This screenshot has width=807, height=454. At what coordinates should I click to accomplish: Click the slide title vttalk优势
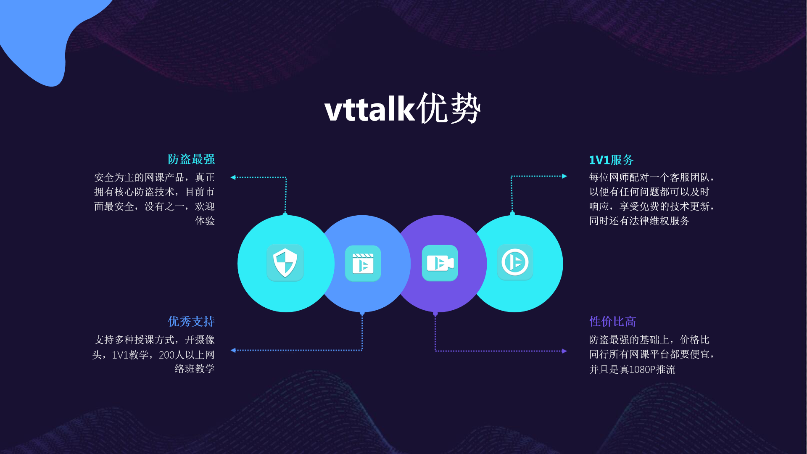click(x=403, y=108)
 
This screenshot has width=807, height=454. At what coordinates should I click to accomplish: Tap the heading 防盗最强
click(x=191, y=159)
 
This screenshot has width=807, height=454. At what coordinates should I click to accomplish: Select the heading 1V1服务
click(x=611, y=160)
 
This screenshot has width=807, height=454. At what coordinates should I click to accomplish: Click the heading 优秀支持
click(x=191, y=322)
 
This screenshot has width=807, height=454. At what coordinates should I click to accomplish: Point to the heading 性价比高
click(x=612, y=322)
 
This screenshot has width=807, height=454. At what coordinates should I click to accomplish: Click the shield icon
click(x=285, y=263)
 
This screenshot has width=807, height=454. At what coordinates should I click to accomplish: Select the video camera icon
click(x=440, y=263)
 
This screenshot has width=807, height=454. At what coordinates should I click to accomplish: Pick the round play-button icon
click(x=515, y=262)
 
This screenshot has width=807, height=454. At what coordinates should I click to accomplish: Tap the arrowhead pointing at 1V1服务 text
click(x=564, y=176)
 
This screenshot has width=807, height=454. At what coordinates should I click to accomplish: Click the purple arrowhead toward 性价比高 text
click(x=564, y=351)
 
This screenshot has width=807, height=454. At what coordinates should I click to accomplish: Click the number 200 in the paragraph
click(x=166, y=355)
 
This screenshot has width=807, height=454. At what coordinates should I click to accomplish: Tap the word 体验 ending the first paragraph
click(x=205, y=221)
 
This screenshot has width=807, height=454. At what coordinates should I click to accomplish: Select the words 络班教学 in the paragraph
click(x=195, y=369)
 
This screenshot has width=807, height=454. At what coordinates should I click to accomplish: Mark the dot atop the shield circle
click(x=285, y=215)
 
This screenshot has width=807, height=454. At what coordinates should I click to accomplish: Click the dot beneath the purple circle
click(x=435, y=314)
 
